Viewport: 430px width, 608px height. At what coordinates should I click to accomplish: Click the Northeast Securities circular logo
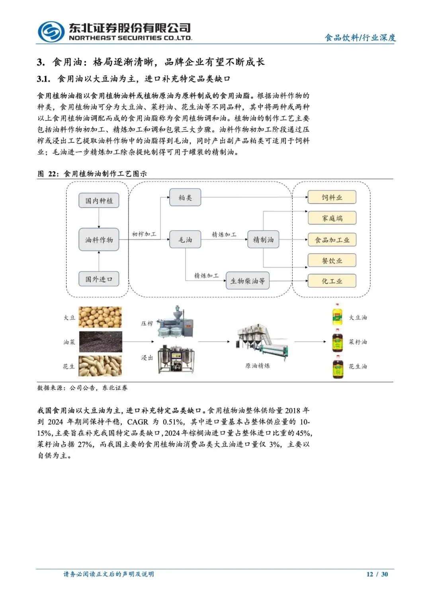pyautogui.click(x=51, y=32)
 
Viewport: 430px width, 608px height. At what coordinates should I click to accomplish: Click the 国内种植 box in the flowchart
pyautogui.click(x=99, y=201)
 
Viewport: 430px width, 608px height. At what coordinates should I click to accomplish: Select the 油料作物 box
pyautogui.click(x=99, y=240)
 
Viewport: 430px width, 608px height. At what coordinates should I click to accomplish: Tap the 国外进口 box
pyautogui.click(x=99, y=279)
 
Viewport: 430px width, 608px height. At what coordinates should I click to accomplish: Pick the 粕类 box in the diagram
pyautogui.click(x=185, y=197)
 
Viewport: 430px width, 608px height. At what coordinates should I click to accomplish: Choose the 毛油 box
pyautogui.click(x=185, y=240)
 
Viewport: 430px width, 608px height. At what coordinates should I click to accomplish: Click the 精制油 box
pyautogui.click(x=263, y=240)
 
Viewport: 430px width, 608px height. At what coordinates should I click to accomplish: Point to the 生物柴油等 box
pyautogui.click(x=248, y=281)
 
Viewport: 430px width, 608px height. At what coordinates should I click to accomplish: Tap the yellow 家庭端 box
pyautogui.click(x=332, y=218)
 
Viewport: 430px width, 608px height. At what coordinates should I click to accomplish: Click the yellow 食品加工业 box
pyautogui.click(x=332, y=240)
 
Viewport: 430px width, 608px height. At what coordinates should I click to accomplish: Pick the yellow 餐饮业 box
pyautogui.click(x=332, y=261)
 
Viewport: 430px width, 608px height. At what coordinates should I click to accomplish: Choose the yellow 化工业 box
pyautogui.click(x=332, y=281)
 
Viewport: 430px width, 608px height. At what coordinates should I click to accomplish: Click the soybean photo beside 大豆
pyautogui.click(x=100, y=317)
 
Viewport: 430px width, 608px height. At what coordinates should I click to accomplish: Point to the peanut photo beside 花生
pyautogui.click(x=100, y=366)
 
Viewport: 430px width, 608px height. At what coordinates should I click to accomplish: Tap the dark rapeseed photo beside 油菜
pyautogui.click(x=100, y=342)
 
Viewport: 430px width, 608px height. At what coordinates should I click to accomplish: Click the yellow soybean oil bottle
pyautogui.click(x=338, y=315)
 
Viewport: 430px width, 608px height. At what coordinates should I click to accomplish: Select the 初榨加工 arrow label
pyautogui.click(x=144, y=234)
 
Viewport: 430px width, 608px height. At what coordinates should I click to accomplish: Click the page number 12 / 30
pyautogui.click(x=377, y=574)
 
